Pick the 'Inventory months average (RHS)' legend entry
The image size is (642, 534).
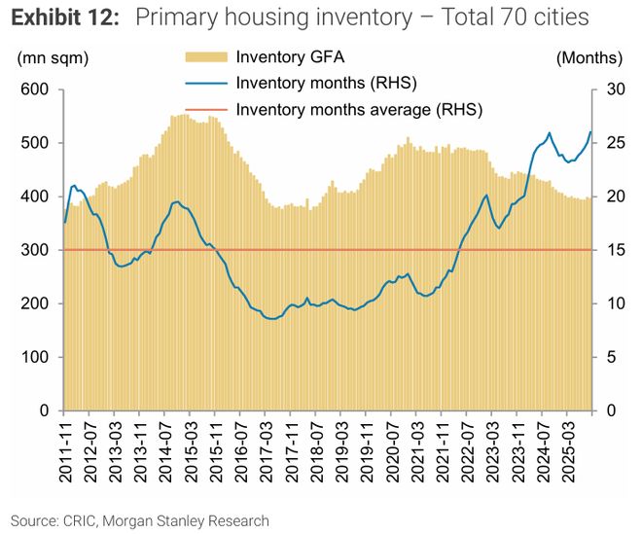click(x=359, y=109)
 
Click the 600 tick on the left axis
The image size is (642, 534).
click(x=35, y=89)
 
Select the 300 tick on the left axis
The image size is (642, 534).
click(x=35, y=250)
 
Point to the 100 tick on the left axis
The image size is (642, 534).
click(x=35, y=357)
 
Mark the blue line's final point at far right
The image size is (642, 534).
click(x=590, y=132)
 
